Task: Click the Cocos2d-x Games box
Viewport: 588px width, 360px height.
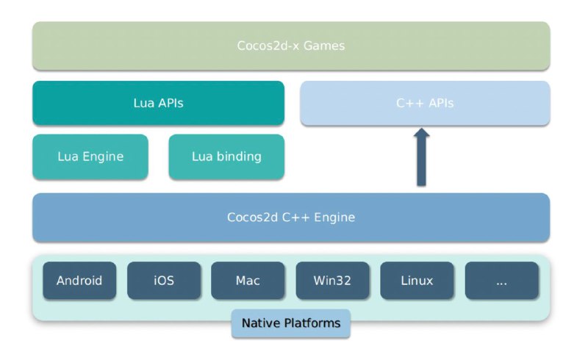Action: [291, 46]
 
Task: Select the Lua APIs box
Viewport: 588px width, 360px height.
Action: [158, 103]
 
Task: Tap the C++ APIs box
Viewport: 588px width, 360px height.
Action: [425, 103]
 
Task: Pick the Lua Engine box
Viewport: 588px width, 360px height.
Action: [90, 156]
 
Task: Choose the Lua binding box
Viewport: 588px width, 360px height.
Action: [226, 156]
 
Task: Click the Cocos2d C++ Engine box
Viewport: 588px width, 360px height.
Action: [291, 217]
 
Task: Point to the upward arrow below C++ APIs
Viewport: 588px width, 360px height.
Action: [421, 156]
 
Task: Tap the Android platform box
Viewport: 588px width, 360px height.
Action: [79, 281]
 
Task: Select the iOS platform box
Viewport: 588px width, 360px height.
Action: [164, 281]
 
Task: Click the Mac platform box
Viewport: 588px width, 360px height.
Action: [248, 281]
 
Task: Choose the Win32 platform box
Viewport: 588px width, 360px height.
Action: [333, 281]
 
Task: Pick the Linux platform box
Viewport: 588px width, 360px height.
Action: [417, 281]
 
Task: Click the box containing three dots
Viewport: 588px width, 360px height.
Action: [502, 281]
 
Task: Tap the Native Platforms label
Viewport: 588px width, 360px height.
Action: [291, 323]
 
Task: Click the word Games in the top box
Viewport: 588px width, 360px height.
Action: [324, 46]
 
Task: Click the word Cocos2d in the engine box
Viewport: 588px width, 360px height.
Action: [252, 217]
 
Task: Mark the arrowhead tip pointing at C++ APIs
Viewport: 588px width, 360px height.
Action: [421, 129]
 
